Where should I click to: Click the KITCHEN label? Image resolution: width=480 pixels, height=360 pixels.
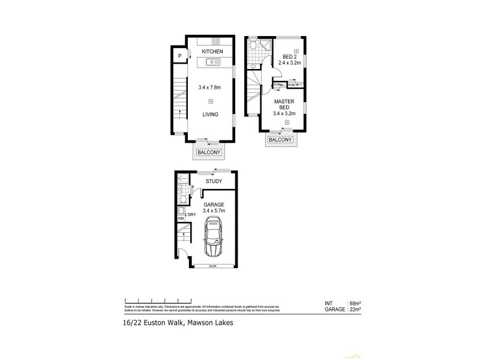(x=212, y=52)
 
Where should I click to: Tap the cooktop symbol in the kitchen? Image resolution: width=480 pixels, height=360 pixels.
(x=216, y=41)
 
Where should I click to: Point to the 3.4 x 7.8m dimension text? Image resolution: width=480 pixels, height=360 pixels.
(x=210, y=88)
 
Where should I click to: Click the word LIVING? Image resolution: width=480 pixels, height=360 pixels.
(x=210, y=115)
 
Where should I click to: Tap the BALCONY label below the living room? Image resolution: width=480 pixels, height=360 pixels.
(x=209, y=153)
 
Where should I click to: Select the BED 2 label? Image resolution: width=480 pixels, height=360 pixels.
(x=290, y=58)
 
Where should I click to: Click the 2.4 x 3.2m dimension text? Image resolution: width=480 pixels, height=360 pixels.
(x=290, y=65)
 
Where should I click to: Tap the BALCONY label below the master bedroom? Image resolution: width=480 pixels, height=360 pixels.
(x=281, y=140)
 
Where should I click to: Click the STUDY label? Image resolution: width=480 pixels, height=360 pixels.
(x=214, y=181)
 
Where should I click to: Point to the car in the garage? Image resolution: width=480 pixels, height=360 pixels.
(x=212, y=238)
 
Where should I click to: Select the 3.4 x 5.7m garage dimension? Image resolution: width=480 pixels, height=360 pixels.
(x=214, y=211)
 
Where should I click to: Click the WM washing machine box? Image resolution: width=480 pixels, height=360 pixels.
(x=181, y=218)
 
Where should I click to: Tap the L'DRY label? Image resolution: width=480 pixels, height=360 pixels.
(x=191, y=215)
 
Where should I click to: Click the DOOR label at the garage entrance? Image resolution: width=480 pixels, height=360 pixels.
(x=213, y=266)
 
